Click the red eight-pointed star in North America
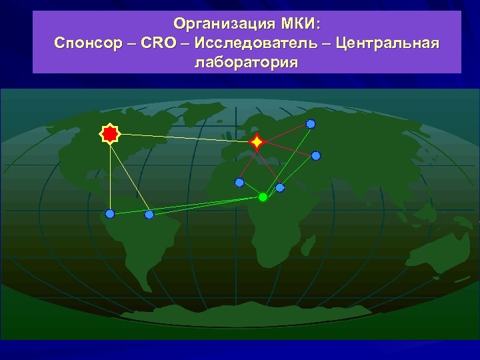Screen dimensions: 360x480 click(x=109, y=134)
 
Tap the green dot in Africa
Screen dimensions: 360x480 click(x=263, y=197)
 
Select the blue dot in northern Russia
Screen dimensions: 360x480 click(x=311, y=124)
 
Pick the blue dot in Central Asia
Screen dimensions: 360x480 click(x=316, y=156)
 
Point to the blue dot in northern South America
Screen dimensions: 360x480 click(x=149, y=215)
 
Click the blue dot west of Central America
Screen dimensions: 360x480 click(x=110, y=214)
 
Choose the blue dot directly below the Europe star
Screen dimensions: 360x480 click(x=239, y=183)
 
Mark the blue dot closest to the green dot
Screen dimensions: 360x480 click(x=280, y=187)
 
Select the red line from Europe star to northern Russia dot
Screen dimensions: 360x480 click(x=284, y=133)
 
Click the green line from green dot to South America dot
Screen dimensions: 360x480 click(x=207, y=206)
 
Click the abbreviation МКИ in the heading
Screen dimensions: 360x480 click(x=301, y=25)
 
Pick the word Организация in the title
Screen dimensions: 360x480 click(x=224, y=25)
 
